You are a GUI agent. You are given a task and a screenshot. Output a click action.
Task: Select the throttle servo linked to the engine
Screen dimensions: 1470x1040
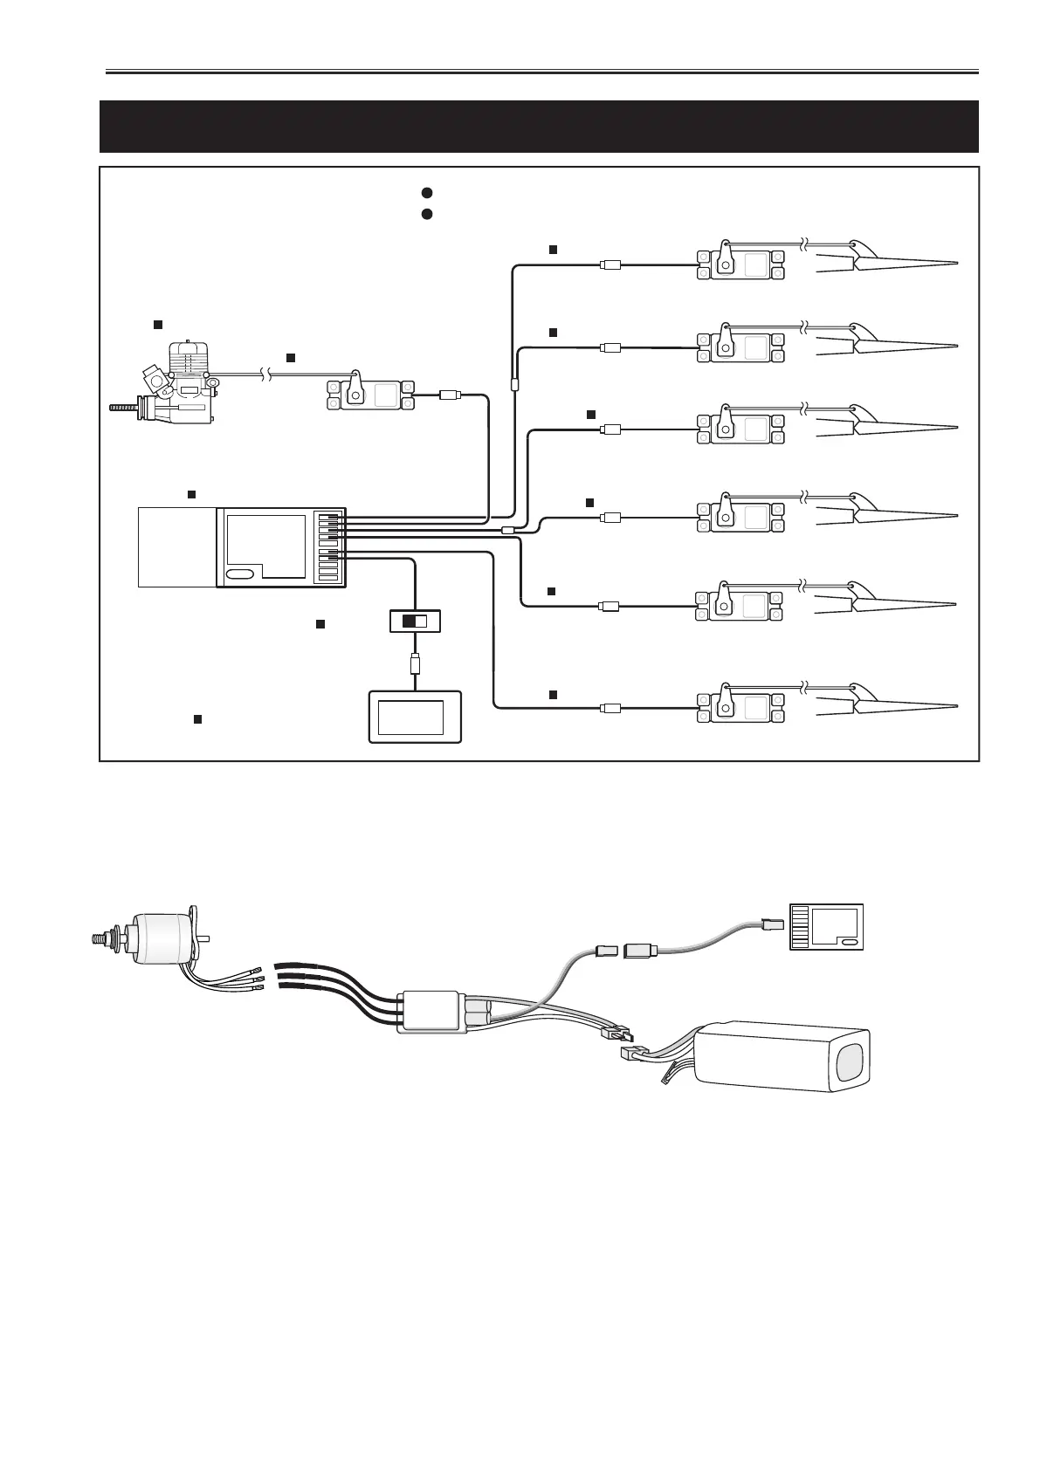click(x=367, y=395)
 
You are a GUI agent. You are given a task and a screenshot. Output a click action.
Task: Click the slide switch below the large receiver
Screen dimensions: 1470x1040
click(x=415, y=622)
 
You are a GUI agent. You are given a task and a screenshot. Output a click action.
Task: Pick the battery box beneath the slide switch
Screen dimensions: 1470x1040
click(x=415, y=717)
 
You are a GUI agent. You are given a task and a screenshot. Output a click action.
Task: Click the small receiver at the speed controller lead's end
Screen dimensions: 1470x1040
click(x=826, y=926)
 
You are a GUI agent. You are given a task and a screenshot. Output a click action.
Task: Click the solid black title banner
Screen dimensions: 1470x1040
click(x=540, y=127)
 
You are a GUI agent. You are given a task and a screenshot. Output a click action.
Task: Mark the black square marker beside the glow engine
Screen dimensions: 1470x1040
click(x=158, y=325)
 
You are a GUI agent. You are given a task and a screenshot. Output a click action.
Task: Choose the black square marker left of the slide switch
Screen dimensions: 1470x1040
click(x=320, y=623)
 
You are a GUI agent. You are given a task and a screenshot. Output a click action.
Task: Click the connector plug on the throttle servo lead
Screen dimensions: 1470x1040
click(x=450, y=395)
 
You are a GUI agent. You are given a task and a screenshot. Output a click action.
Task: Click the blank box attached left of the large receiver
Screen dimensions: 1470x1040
click(x=177, y=547)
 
